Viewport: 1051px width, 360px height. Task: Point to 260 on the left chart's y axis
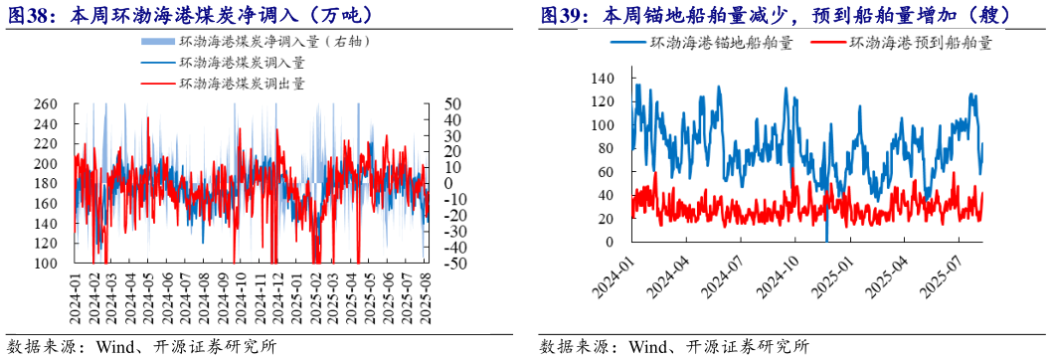(x=44, y=103)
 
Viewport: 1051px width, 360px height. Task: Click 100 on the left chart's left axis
(x=44, y=264)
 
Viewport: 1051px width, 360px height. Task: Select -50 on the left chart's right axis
(x=450, y=264)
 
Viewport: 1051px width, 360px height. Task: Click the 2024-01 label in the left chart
(x=75, y=298)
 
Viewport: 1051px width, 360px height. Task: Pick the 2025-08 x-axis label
(x=426, y=298)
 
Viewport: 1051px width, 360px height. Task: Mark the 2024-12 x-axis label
(x=278, y=298)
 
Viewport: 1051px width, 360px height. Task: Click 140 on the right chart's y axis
(x=602, y=79)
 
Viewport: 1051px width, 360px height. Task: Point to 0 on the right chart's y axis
(x=610, y=242)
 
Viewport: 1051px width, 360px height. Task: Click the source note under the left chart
(x=139, y=346)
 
